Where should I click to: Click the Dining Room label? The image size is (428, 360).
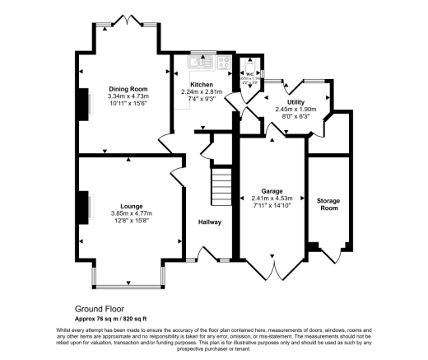tap(128, 88)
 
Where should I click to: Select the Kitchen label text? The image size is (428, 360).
tap(202, 85)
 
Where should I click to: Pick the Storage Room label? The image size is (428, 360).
tap(328, 204)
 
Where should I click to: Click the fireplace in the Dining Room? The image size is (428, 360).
tap(84, 102)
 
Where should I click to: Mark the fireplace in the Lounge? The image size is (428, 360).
tap(84, 208)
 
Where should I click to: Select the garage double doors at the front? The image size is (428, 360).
tap(273, 266)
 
